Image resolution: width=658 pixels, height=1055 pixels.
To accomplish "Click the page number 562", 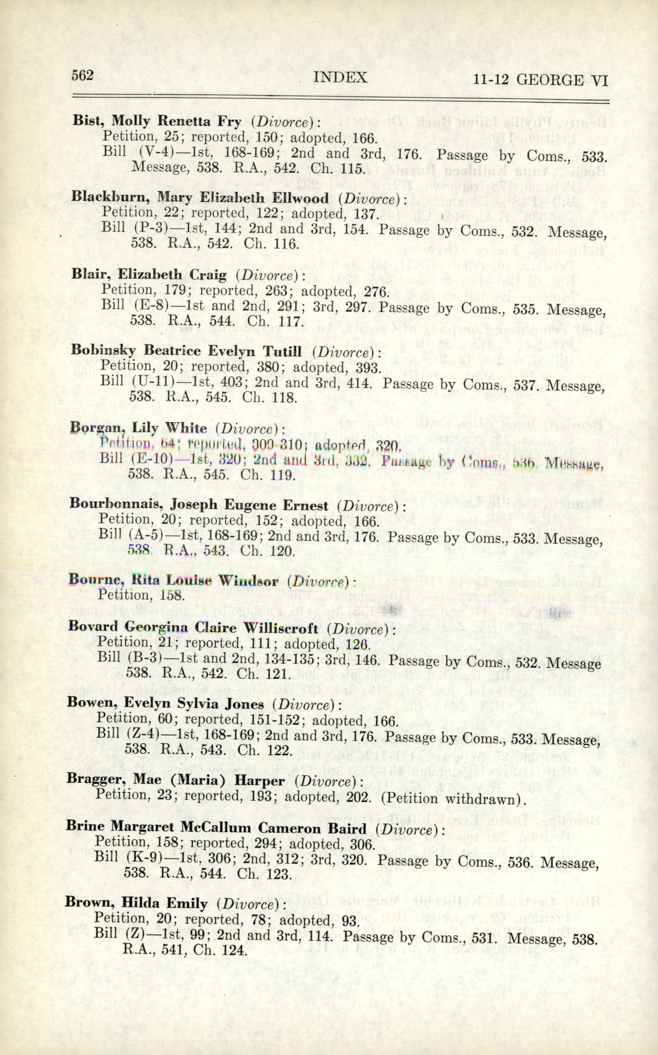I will coord(82,76).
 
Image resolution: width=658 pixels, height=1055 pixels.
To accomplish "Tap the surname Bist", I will coord(88,121).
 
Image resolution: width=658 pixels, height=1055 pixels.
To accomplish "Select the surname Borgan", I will coord(95,428).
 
